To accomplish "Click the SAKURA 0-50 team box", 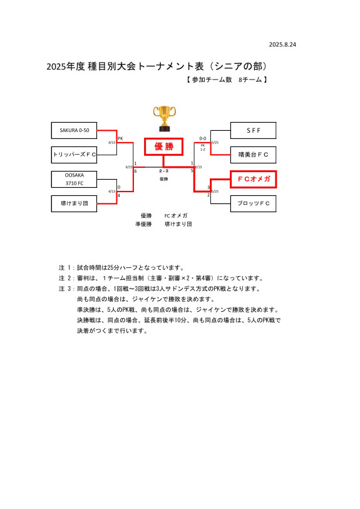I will [x=75, y=130].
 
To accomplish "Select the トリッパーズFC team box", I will [x=75, y=154].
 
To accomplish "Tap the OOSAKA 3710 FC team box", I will [x=75, y=179].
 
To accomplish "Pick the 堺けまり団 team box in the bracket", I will [x=75, y=203].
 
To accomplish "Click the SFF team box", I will [x=253, y=130].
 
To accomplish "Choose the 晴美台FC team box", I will [x=253, y=154].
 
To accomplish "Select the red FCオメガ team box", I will [x=253, y=179].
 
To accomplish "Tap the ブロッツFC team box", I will [x=253, y=203].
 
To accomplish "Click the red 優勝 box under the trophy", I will [x=163, y=147].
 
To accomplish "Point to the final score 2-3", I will [x=163, y=171].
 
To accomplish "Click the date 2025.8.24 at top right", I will [x=282, y=45].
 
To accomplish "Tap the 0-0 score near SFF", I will [x=203, y=138].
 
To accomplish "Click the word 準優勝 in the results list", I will [x=143, y=224].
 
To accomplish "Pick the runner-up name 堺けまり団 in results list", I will [x=178, y=224].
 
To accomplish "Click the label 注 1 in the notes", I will [x=66, y=267].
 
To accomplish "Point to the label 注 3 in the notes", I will [x=66, y=289].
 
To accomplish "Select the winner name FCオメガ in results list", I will [x=176, y=215].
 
